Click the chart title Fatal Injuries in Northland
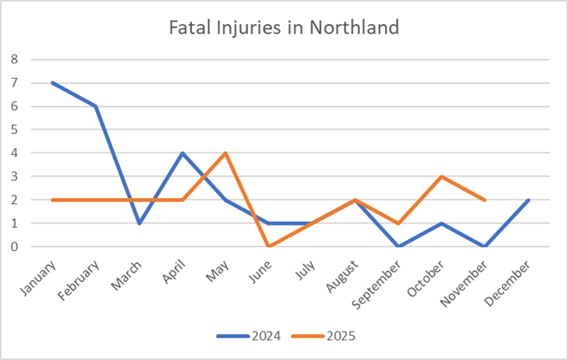(x=284, y=27)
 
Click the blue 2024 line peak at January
(x=54, y=83)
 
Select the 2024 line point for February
(x=97, y=106)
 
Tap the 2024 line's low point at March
(x=140, y=223)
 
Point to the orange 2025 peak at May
(x=226, y=153)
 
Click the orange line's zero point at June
(x=269, y=246)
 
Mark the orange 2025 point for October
(x=441, y=177)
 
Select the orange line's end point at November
(x=484, y=200)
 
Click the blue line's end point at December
(x=527, y=200)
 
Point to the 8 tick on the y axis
(x=14, y=60)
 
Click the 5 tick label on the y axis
(x=14, y=130)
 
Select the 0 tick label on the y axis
(x=14, y=247)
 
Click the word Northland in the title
(x=360, y=27)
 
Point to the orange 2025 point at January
(x=54, y=200)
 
